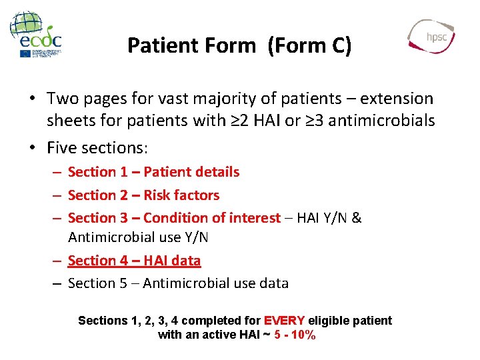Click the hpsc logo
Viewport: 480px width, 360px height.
coord(431,36)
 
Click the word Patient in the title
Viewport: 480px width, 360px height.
coord(158,45)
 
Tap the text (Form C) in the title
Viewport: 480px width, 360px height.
coord(309,45)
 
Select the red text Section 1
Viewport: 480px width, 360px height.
coord(97,172)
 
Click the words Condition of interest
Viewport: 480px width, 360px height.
coord(212,218)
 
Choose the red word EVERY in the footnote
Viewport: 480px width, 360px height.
coord(285,321)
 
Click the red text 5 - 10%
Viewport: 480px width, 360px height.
coord(295,335)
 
